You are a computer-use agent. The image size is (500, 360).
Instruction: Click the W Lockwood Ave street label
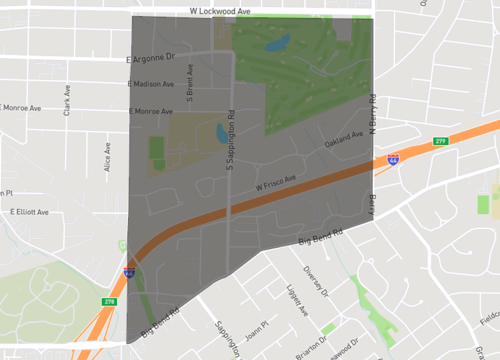tap(233, 11)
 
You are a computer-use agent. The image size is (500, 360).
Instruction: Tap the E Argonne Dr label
tap(151, 60)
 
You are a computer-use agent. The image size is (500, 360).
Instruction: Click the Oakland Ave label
tap(342, 142)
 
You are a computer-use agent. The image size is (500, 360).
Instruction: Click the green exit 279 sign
tap(441, 142)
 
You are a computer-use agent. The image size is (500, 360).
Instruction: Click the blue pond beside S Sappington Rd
tap(221, 133)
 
